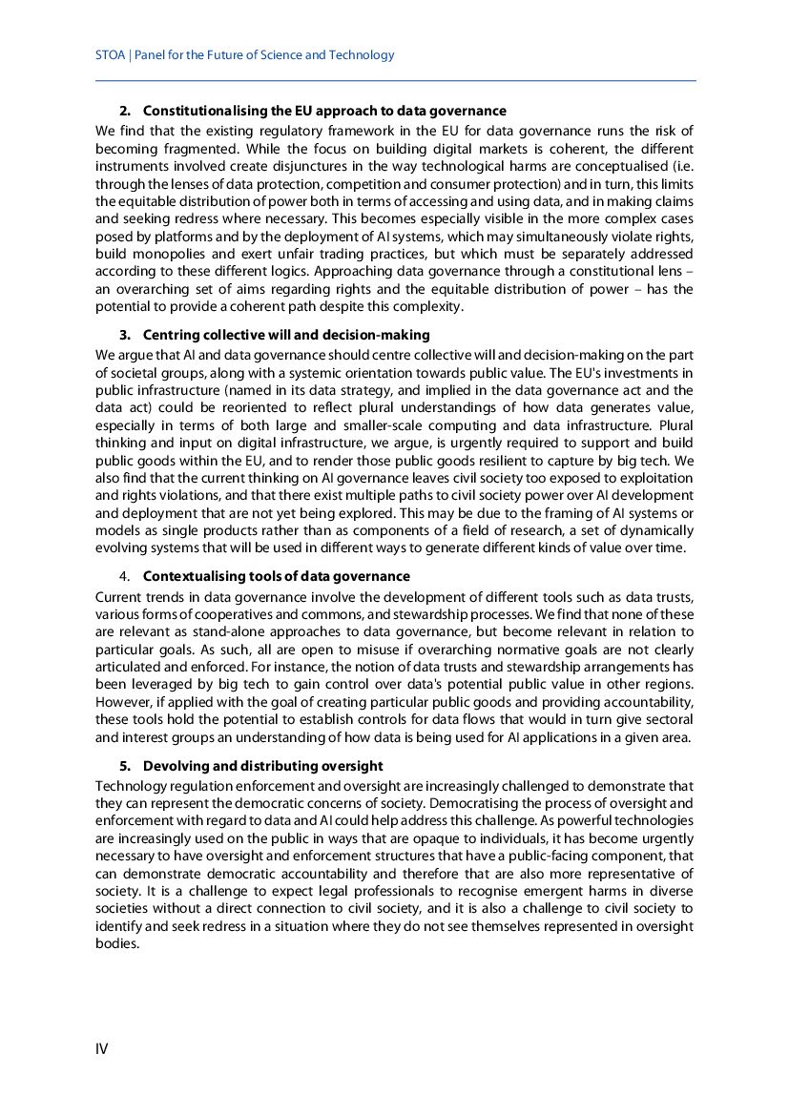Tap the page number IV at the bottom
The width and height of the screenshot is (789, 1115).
pos(101,1049)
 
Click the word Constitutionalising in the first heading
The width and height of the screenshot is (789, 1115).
pos(199,112)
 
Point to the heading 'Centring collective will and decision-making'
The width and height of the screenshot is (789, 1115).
pos(286,335)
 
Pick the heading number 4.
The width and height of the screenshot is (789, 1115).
pos(125,576)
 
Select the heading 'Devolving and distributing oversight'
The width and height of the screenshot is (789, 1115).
pos(262,766)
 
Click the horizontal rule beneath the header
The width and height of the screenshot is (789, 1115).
pos(395,81)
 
